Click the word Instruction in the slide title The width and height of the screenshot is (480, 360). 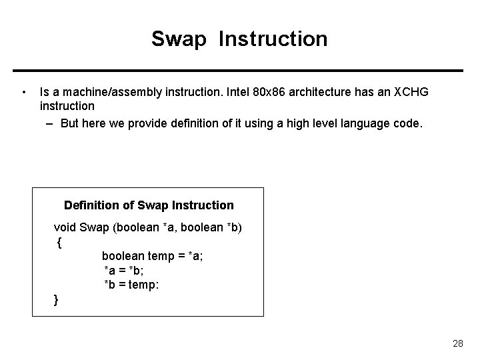[x=273, y=39]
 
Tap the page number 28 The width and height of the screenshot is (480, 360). [x=457, y=343]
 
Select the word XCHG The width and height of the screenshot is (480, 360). [x=411, y=92]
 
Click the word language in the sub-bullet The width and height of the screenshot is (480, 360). [x=365, y=123]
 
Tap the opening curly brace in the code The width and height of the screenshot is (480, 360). [x=59, y=243]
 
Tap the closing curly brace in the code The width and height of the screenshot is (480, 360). [x=56, y=301]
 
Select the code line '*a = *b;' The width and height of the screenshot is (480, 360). [x=124, y=270]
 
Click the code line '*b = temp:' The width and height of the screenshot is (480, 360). [x=131, y=285]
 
